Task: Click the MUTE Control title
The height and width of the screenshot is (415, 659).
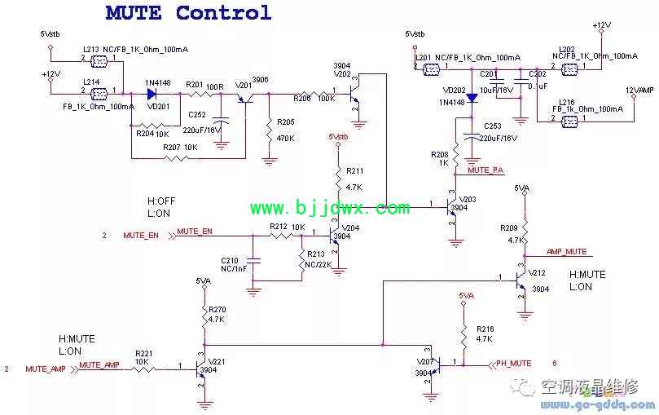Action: [188, 13]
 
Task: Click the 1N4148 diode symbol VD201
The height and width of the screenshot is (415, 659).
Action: [152, 92]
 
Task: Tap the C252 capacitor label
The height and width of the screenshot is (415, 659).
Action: [198, 115]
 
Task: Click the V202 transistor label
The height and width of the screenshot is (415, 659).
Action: [342, 73]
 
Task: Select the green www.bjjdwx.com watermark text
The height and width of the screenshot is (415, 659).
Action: [329, 209]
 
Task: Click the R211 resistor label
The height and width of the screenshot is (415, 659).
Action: [354, 171]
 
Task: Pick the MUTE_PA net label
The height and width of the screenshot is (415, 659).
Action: [486, 170]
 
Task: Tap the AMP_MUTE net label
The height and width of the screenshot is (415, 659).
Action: [566, 252]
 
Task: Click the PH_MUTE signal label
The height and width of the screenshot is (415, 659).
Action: [514, 364]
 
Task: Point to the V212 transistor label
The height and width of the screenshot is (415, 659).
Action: [537, 273]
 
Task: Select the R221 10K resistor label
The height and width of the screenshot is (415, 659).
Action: [144, 352]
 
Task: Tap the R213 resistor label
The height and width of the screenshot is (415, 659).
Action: [316, 254]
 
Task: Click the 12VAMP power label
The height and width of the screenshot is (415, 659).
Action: [639, 90]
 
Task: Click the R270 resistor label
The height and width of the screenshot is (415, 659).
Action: [217, 310]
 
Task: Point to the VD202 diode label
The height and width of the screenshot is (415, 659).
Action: [454, 91]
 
